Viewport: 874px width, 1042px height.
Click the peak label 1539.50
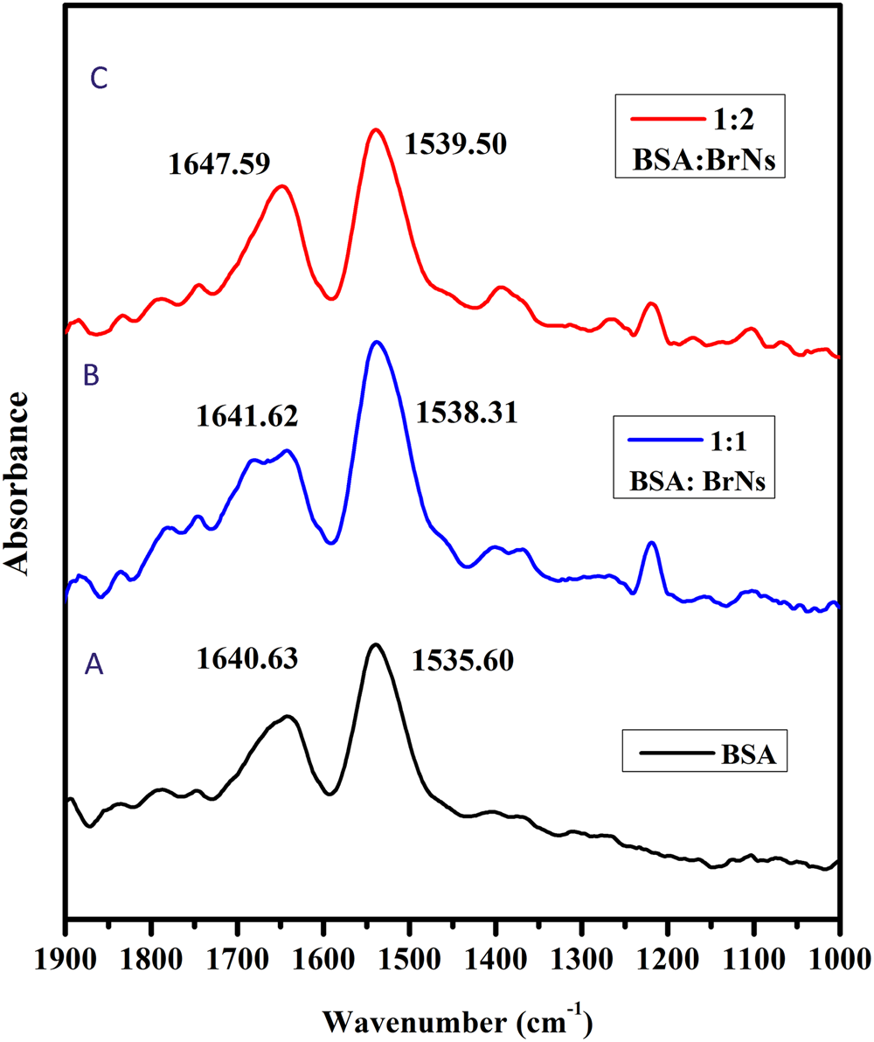[x=456, y=144]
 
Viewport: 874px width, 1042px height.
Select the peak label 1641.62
[x=247, y=413]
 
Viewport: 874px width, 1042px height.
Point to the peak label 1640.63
[x=248, y=658]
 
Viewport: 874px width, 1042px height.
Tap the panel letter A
[x=94, y=666]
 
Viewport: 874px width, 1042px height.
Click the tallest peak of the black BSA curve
[x=376, y=644]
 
